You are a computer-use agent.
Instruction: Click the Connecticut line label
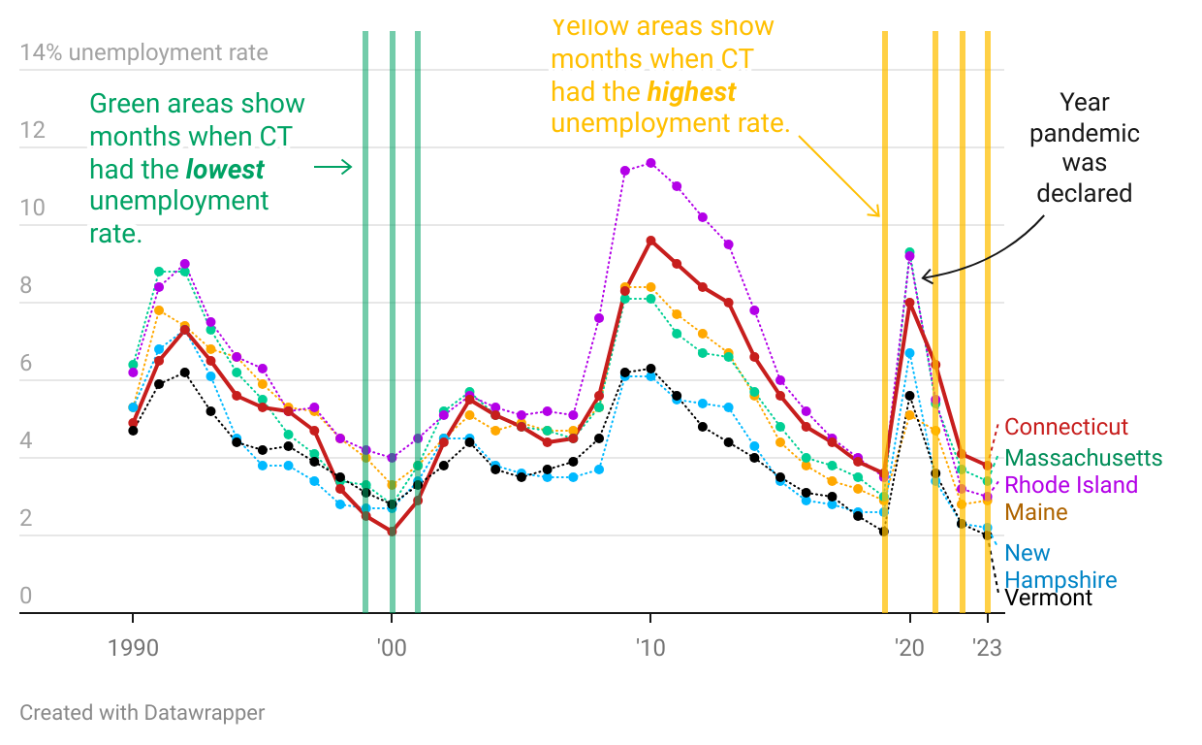[1066, 427]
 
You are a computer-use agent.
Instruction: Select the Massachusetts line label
[1083, 457]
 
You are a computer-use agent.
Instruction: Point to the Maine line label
[1036, 512]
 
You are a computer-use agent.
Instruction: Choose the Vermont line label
[1048, 598]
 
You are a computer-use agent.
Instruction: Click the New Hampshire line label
[1060, 567]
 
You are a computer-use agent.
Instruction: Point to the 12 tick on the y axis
[33, 130]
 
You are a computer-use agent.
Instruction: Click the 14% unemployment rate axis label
[143, 52]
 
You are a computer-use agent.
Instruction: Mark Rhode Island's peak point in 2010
[650, 163]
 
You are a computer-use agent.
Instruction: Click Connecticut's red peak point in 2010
[650, 241]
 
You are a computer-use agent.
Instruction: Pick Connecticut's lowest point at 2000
[392, 532]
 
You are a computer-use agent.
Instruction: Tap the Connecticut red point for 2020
[909, 302]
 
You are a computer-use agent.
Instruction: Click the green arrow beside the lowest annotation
[333, 168]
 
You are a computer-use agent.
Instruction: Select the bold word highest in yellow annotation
[691, 92]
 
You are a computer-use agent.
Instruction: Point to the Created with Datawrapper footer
[142, 713]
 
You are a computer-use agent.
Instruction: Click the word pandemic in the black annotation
[1084, 133]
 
